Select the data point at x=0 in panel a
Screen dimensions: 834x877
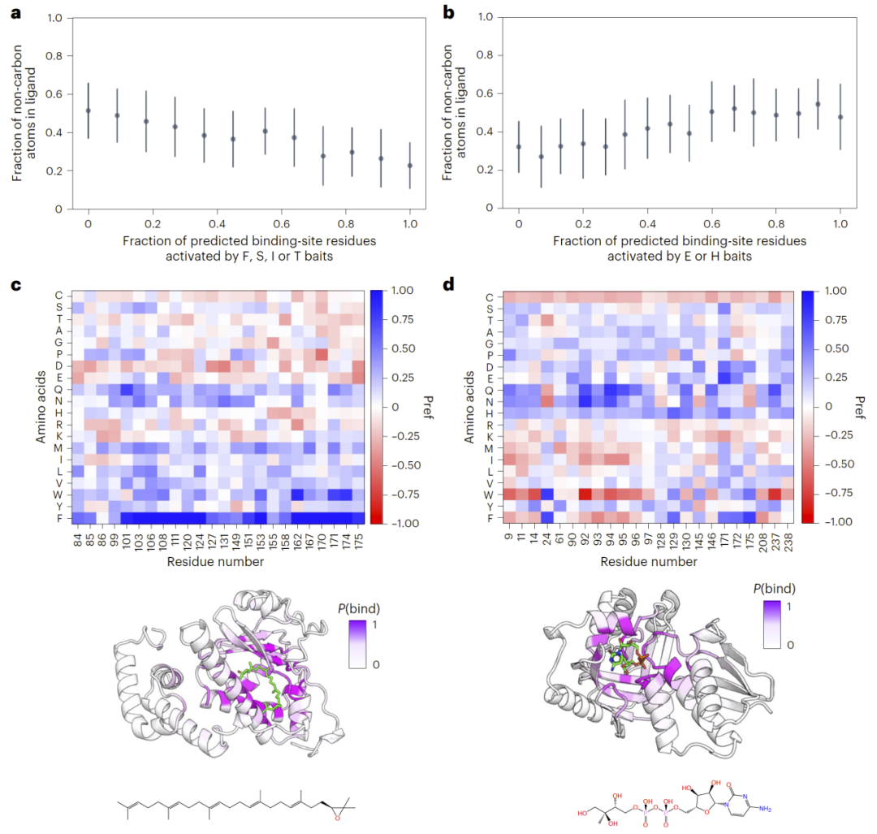pos(89,110)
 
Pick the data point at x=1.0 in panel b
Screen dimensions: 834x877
pos(840,117)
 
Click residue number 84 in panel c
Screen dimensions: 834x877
pos(77,540)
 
